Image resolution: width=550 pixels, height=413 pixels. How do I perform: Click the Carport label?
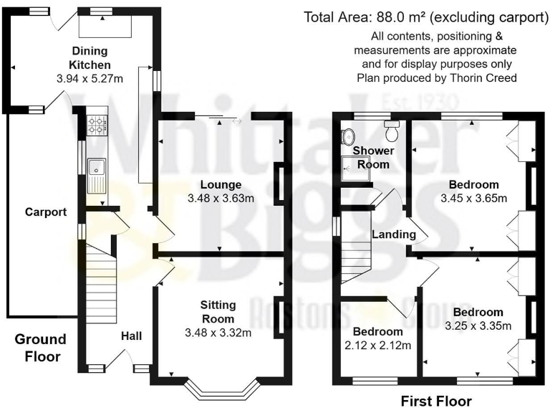click(x=46, y=212)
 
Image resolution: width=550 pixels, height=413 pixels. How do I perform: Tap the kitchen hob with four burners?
click(x=97, y=125)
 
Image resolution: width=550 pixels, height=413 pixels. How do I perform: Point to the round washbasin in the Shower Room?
click(x=348, y=136)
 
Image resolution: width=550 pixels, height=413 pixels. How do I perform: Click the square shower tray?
click(x=352, y=169)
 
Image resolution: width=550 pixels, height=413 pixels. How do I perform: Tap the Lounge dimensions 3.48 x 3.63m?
click(x=221, y=199)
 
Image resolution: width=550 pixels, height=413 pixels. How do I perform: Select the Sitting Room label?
click(x=218, y=312)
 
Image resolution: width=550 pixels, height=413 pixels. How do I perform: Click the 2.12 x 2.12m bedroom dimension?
click(x=378, y=346)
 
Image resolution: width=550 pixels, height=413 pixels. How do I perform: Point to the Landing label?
click(x=394, y=234)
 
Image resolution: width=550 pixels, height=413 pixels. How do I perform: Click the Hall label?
click(x=132, y=336)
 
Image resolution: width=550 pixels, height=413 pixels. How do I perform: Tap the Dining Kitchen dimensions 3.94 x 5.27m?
click(x=90, y=79)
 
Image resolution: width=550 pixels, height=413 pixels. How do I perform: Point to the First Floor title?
click(x=436, y=401)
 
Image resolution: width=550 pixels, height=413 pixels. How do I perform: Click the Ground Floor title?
click(x=40, y=348)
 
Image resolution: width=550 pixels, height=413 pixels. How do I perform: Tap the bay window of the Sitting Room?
click(x=223, y=390)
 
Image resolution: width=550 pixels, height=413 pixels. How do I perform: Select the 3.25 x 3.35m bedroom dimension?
click(x=478, y=326)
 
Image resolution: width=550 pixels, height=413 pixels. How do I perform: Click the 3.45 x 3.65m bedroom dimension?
click(x=474, y=199)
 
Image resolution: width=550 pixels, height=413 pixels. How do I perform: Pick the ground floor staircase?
click(x=102, y=283)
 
